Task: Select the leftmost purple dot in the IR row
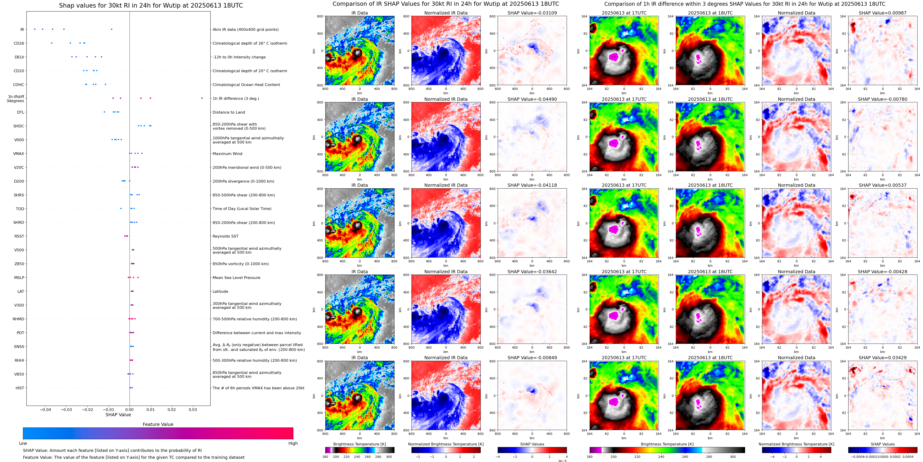click(34, 29)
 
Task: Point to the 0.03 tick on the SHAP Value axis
click(193, 409)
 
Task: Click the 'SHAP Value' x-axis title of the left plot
click(118, 415)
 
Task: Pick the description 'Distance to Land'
click(229, 112)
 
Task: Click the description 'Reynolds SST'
click(225, 236)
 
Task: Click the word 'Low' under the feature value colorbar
click(23, 443)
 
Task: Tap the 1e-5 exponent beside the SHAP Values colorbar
click(562, 461)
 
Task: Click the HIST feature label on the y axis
click(20, 388)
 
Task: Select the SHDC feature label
click(19, 126)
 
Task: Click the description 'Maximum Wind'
click(227, 154)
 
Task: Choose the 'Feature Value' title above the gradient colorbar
click(158, 424)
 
